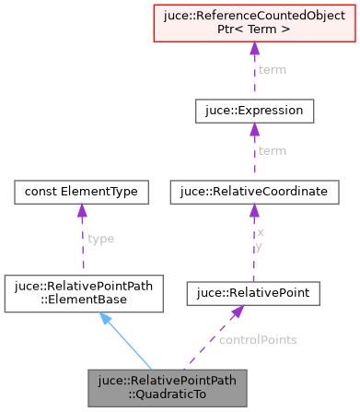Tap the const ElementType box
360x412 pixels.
coord(82,192)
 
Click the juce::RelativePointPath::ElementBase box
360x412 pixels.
coord(82,293)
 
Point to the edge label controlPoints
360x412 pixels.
coord(258,339)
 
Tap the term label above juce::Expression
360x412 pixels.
coord(271,69)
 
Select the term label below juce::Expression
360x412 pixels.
coord(271,150)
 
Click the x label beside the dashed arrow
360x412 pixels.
coord(261,232)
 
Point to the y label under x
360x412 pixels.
coord(261,246)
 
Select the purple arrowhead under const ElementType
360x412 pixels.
coord(82,213)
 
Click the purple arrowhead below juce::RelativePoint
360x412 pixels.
coord(237,313)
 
